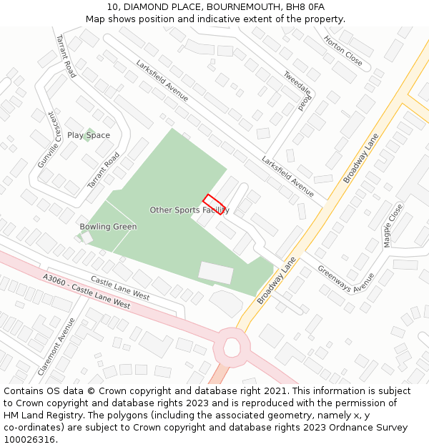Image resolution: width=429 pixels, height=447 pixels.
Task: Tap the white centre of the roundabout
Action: pos(232,348)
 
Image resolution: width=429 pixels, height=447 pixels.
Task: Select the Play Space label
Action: pos(89,135)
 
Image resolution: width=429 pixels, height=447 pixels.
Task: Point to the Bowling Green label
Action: pos(108,227)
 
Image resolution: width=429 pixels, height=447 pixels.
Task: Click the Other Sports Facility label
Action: pos(189,210)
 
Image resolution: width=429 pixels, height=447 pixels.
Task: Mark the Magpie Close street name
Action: pos(393,226)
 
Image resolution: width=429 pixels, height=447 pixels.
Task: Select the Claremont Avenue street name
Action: pos(56,347)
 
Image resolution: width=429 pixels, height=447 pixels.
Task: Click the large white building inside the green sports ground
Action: pos(216,272)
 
